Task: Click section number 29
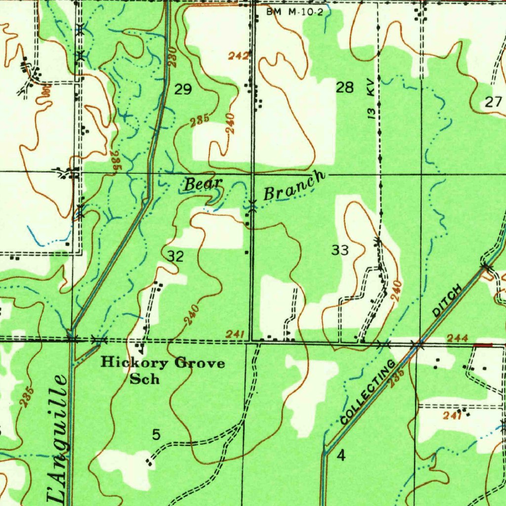pyautogui.click(x=183, y=89)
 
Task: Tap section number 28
pyautogui.click(x=345, y=88)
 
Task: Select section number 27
pyautogui.click(x=493, y=102)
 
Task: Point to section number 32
pyautogui.click(x=175, y=256)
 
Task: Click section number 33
pyautogui.click(x=340, y=251)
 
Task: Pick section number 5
pyautogui.click(x=156, y=435)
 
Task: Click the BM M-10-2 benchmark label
pyautogui.click(x=295, y=12)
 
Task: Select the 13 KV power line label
pyautogui.click(x=371, y=101)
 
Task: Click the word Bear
pyautogui.click(x=203, y=185)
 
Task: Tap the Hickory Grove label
pyautogui.click(x=163, y=363)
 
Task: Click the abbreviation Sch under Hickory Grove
pyautogui.click(x=144, y=379)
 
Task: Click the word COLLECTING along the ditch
pyautogui.click(x=368, y=393)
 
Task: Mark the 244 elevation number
pyautogui.click(x=457, y=338)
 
